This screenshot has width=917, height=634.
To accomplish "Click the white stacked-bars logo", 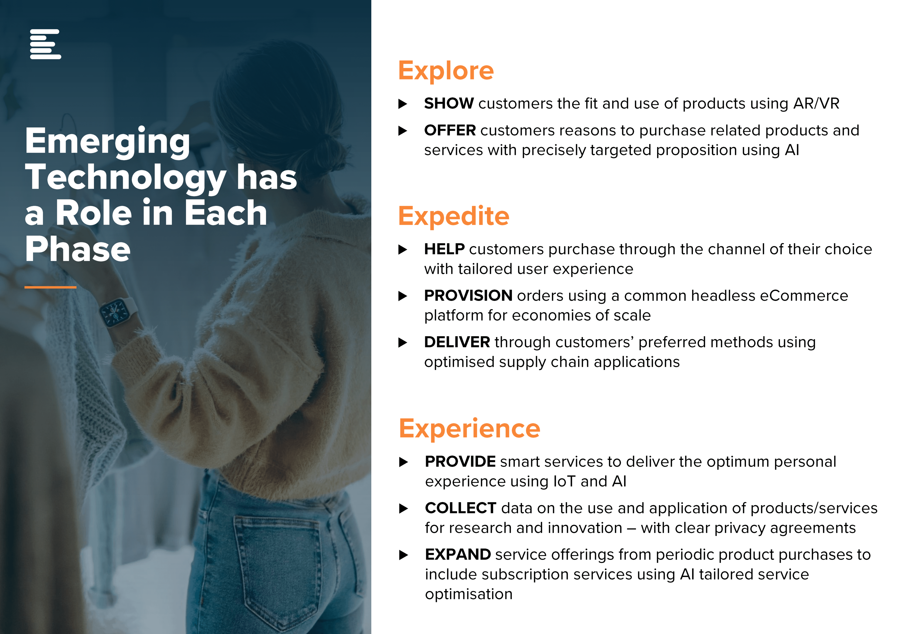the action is tap(45, 44).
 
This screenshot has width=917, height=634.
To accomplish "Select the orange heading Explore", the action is tap(446, 71).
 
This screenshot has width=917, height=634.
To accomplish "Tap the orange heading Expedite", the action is tap(454, 216).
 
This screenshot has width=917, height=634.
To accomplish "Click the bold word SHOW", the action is tap(449, 103).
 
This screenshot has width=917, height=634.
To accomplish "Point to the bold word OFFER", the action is tap(450, 130).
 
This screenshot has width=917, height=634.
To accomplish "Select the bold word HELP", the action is tap(444, 249).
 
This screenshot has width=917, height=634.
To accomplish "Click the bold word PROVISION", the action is tap(468, 296).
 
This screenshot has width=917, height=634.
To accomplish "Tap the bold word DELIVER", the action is tap(457, 342).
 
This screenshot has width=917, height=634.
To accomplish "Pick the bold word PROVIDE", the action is tap(460, 462).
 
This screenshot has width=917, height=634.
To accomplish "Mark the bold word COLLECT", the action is tap(460, 508).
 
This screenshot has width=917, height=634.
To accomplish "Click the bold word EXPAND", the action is tap(458, 555).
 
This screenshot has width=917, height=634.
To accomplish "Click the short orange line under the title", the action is tap(50, 287).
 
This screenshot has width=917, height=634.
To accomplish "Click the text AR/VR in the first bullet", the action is tap(816, 103).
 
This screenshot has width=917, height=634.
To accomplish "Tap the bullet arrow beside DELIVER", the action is tap(403, 342).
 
